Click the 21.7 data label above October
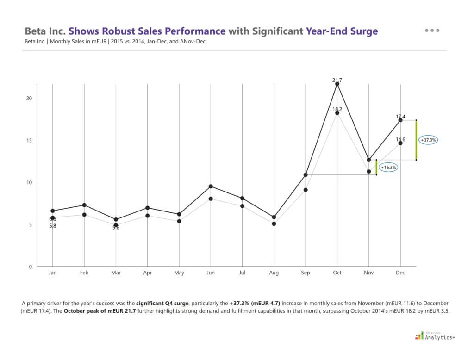[337, 80]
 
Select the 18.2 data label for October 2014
[337, 109]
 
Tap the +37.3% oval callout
[429, 139]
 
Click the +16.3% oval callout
[389, 167]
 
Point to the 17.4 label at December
[400, 117]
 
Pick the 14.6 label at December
[400, 139]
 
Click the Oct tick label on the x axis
[337, 273]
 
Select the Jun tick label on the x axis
[211, 273]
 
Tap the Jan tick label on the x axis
[53, 273]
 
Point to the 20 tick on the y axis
[29, 98]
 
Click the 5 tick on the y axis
[31, 224]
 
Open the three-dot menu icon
[432, 31]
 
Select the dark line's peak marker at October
[337, 84]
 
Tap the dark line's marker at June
[211, 186]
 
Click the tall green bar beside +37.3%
[416, 140]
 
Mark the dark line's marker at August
[274, 217]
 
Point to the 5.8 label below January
[53, 226]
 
